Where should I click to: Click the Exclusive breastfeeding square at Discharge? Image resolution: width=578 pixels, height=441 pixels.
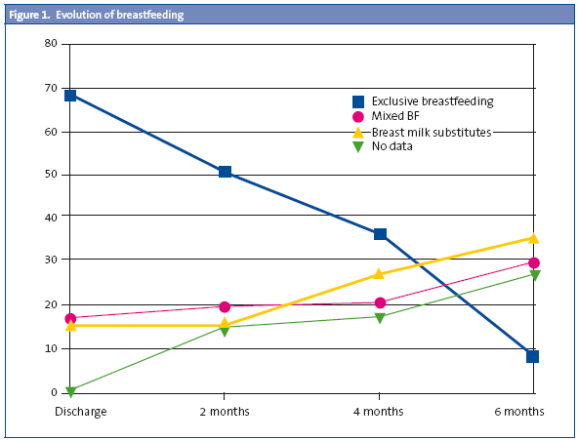71,96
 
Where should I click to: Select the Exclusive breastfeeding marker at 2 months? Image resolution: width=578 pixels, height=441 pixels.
226,172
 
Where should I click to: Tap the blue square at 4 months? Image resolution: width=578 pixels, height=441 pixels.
380,234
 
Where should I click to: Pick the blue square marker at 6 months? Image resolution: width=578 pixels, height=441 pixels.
533,356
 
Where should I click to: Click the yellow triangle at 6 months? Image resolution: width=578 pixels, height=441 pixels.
533,237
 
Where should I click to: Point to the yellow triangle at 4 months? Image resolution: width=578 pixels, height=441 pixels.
380,274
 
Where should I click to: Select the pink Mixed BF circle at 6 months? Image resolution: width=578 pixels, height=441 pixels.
533,263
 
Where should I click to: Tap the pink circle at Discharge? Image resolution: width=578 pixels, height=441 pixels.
71,318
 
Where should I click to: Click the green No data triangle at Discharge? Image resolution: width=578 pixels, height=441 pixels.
71,391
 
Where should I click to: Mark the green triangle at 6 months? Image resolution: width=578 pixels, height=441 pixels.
533,276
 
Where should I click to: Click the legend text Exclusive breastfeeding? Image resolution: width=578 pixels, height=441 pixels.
432,100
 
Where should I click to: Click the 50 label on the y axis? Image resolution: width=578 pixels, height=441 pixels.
50,175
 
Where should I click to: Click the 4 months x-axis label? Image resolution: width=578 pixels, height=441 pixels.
380,412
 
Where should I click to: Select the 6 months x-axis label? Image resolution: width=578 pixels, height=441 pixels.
518,412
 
